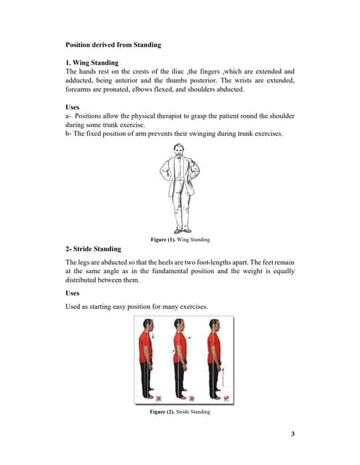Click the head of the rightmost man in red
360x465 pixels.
pos(212,325)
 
